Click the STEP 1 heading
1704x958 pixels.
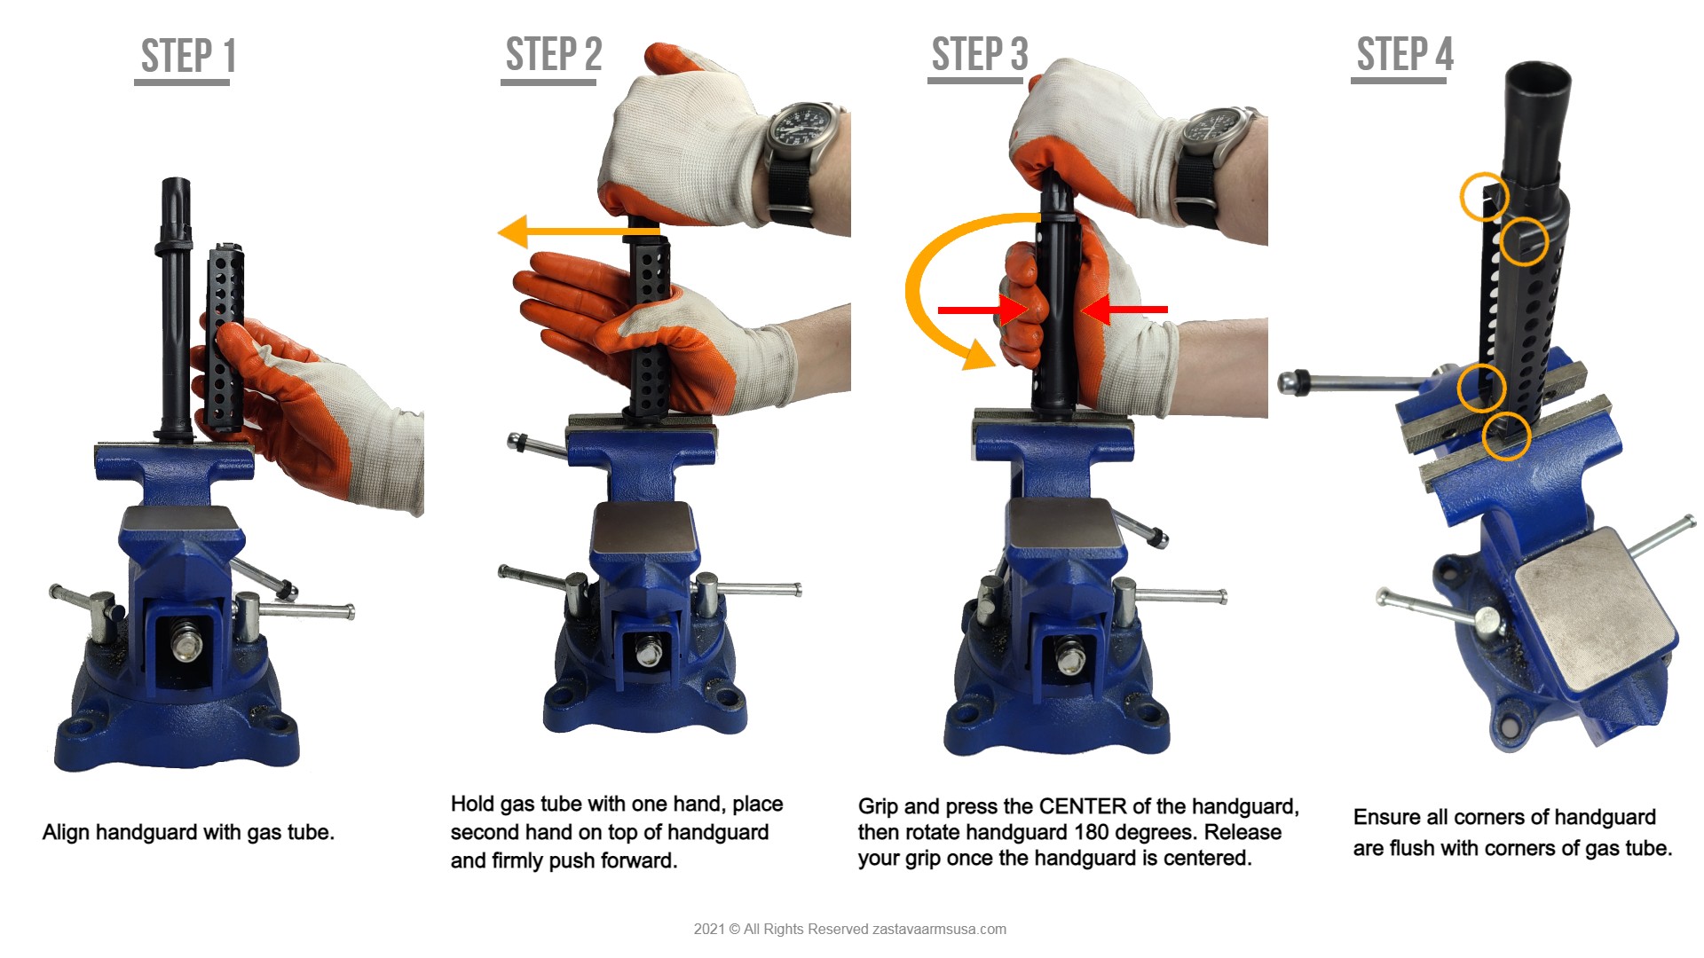[188, 57]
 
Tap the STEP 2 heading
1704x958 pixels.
[554, 55]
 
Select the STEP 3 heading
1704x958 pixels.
[980, 55]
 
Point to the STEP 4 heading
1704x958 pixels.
[1405, 55]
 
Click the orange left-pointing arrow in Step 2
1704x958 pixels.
[579, 232]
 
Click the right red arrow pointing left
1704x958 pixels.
[1124, 310]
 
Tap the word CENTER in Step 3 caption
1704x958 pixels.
[1083, 806]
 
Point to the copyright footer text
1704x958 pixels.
[850, 930]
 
